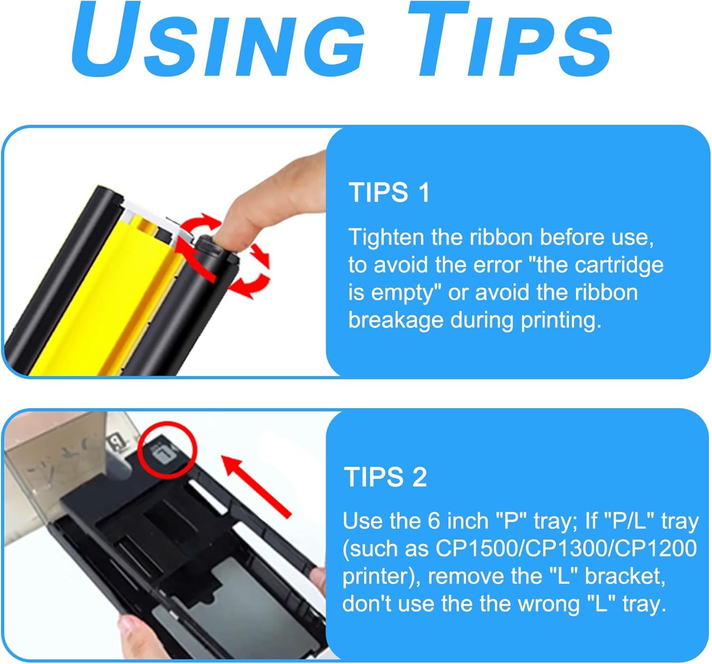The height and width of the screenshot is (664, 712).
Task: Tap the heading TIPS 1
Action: pos(389,193)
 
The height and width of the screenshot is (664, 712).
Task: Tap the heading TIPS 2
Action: pos(385,477)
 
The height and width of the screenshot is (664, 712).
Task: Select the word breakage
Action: pos(396,320)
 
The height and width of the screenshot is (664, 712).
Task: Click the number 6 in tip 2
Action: pos(434,521)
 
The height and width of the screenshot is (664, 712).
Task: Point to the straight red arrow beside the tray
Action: pos(256,486)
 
